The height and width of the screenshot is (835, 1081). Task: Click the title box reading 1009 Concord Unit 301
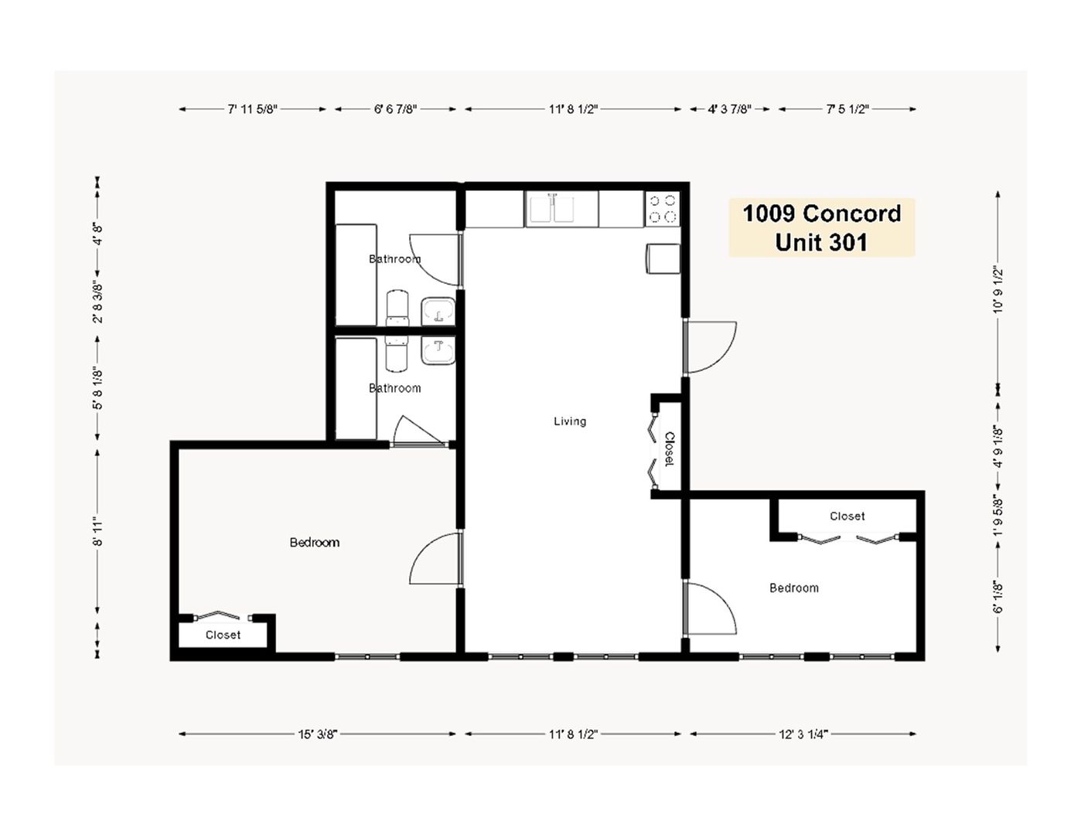point(821,227)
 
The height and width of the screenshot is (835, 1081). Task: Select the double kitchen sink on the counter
point(562,210)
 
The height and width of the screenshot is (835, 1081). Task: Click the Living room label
point(570,421)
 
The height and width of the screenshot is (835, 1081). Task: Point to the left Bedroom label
point(314,543)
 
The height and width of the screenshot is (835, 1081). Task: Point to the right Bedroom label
point(793,588)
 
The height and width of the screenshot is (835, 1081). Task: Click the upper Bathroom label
point(394,259)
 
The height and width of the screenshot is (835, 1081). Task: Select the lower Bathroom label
point(394,388)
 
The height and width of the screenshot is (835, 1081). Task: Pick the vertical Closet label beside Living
point(669,449)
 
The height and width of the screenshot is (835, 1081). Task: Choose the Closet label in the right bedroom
point(847,516)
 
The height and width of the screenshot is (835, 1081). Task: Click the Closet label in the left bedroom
point(223,635)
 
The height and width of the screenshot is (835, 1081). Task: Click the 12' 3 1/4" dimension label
point(803,734)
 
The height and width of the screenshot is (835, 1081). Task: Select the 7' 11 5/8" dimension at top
point(252,109)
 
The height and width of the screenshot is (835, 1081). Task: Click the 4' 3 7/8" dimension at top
point(729,109)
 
